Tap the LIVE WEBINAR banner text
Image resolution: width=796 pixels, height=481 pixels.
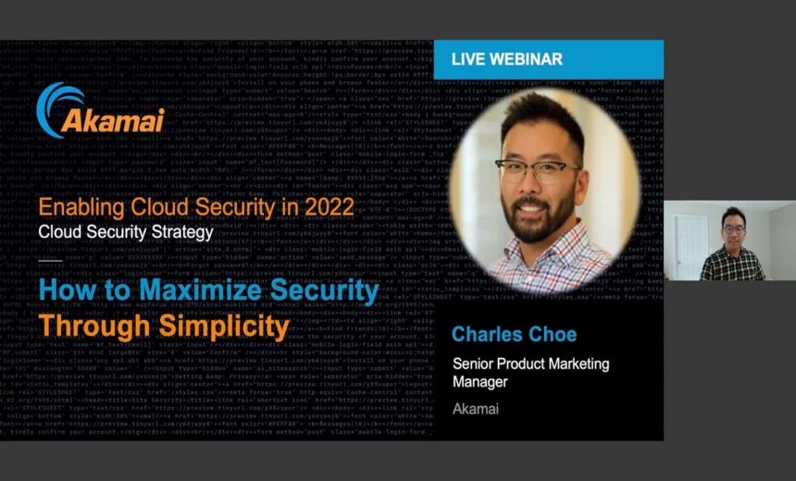point(506,59)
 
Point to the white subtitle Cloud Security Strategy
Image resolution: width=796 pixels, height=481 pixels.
point(125,232)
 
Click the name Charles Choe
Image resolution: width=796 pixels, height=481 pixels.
point(514,334)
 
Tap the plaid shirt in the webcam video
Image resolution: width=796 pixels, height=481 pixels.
point(731,264)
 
